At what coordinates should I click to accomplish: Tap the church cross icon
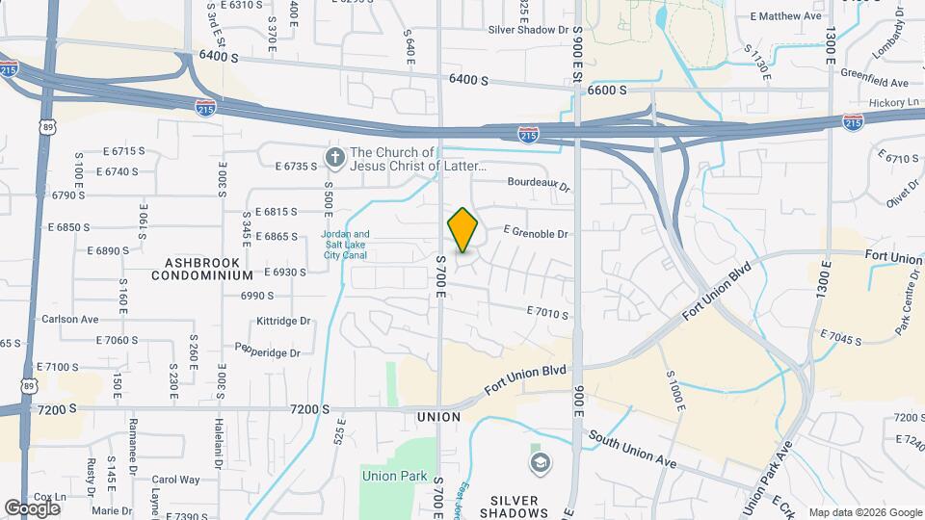pos(335,157)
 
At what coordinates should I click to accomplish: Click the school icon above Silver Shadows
pos(541,464)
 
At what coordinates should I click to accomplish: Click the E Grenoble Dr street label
pos(536,233)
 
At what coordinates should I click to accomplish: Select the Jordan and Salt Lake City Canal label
pos(345,246)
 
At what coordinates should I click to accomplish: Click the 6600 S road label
pos(607,90)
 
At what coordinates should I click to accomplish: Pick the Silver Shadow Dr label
pos(529,30)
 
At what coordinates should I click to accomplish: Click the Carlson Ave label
pos(69,319)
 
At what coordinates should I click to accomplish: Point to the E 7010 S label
pos(547,313)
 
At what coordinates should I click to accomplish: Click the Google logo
pos(31,507)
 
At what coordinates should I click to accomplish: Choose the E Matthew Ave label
pos(786,16)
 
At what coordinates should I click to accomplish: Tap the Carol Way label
pos(175,479)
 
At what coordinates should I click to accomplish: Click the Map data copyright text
pos(864,512)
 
